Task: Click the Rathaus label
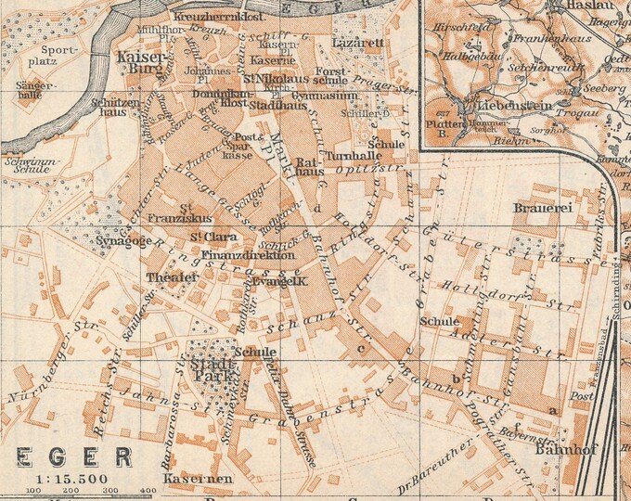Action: point(309,167)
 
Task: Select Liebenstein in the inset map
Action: point(488,106)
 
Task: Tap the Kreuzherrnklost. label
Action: point(219,17)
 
